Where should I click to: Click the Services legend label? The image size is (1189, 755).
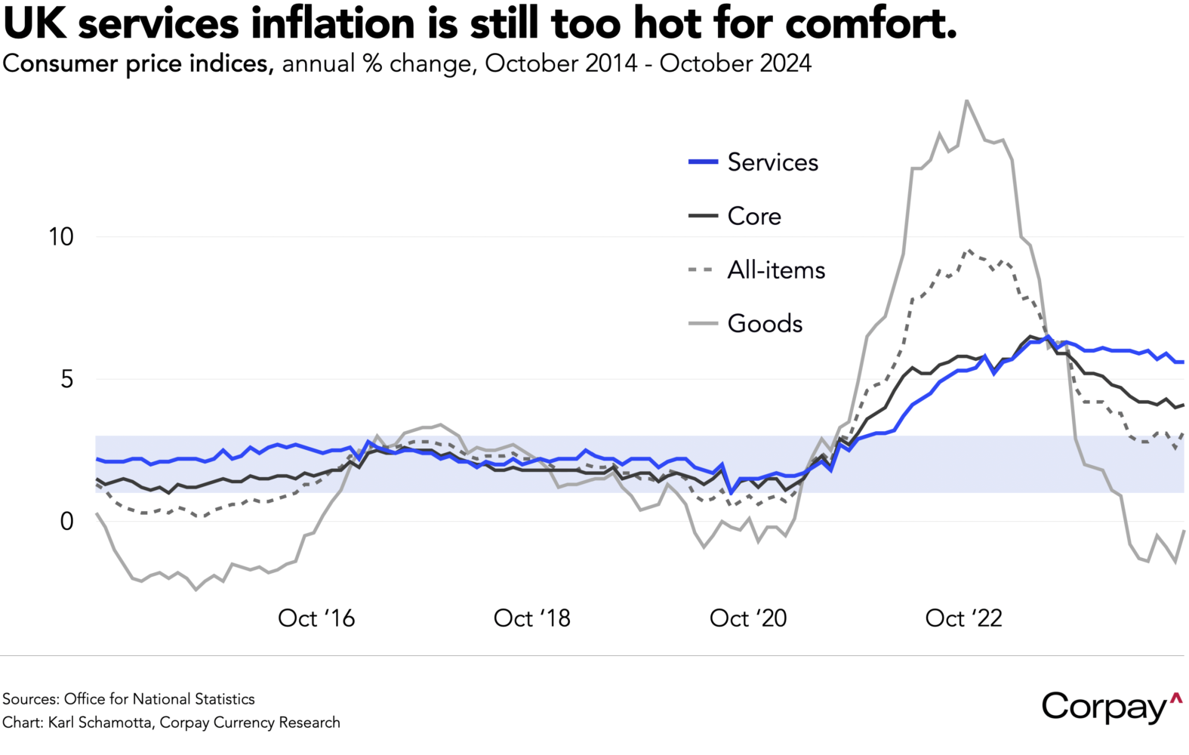[772, 162]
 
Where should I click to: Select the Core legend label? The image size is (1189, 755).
[754, 216]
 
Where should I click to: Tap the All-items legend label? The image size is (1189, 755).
[776, 270]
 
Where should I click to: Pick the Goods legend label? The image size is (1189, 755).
[765, 323]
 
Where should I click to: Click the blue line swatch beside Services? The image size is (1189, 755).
[703, 162]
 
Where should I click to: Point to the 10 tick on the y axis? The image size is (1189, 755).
[61, 237]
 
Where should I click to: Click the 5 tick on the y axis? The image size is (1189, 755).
[66, 379]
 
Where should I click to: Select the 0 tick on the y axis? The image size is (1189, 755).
[66, 521]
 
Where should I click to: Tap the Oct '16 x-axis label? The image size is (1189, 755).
[316, 618]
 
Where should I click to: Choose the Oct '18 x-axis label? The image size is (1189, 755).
[532, 618]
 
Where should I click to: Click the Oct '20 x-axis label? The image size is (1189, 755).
[748, 618]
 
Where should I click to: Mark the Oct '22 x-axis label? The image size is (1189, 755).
[964, 618]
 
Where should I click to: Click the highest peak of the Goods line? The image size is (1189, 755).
[966, 100]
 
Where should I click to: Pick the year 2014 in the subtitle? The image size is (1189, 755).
[609, 63]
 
